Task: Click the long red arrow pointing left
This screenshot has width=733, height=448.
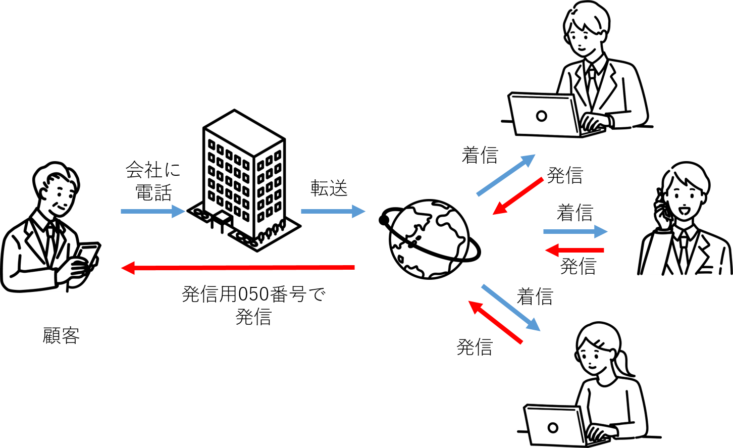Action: (238, 268)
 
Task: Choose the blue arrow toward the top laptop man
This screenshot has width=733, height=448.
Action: (505, 175)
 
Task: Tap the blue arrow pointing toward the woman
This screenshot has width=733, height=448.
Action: (510, 308)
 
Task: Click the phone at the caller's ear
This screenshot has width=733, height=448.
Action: (661, 210)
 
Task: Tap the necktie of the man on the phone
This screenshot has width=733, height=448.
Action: (682, 251)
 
